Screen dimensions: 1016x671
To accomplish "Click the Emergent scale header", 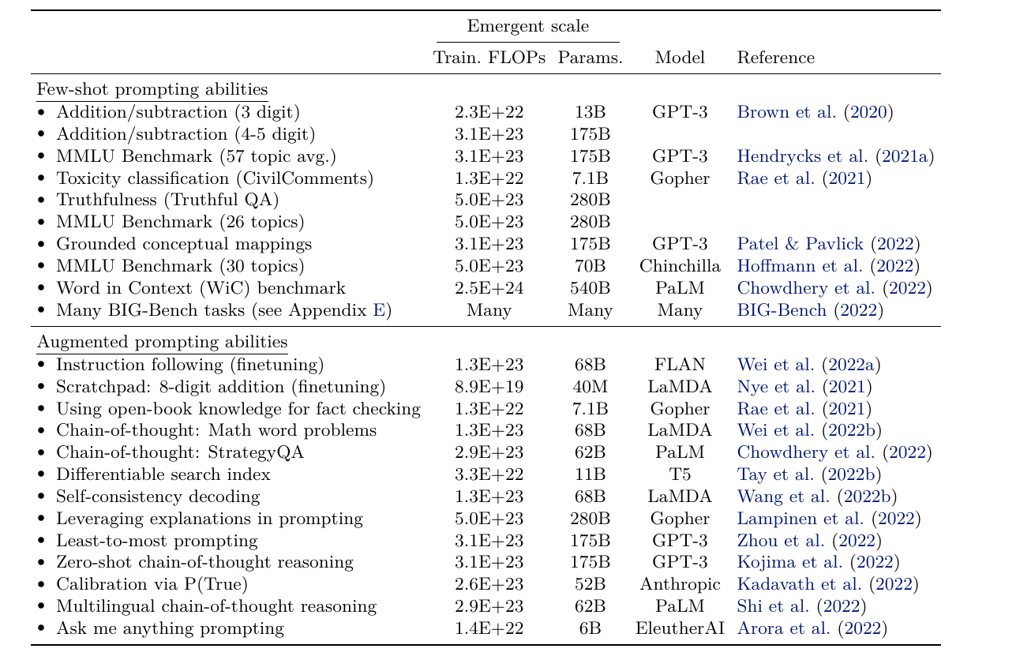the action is click(528, 26).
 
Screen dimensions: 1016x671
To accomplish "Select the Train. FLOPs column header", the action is click(489, 58).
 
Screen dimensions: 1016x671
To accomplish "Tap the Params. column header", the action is click(590, 58).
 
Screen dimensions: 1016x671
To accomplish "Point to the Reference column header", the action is click(775, 58).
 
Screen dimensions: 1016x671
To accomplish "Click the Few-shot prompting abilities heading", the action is click(152, 89).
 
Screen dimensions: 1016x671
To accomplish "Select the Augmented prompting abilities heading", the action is click(163, 342).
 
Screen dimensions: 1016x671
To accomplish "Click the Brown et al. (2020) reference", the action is click(815, 112).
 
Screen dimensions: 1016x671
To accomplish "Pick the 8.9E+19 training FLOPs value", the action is click(489, 387).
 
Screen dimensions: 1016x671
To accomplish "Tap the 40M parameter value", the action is click(590, 387).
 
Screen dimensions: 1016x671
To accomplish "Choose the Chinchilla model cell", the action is click(680, 266).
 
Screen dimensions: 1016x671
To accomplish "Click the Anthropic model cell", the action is click(680, 584).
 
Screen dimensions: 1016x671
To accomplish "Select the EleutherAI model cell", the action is click(680, 628).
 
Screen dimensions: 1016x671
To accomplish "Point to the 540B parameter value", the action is click(590, 288).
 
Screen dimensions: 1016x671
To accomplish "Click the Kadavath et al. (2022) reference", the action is click(828, 584).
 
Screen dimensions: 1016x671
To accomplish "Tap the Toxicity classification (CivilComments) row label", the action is click(215, 178).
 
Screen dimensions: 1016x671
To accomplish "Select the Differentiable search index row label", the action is click(163, 474).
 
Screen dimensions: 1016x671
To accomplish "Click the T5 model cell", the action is click(680, 474).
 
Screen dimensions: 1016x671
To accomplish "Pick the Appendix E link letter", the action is click(379, 310).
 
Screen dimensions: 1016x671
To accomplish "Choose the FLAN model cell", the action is click(680, 365).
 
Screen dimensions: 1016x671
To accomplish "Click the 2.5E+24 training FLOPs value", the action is click(489, 288).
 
